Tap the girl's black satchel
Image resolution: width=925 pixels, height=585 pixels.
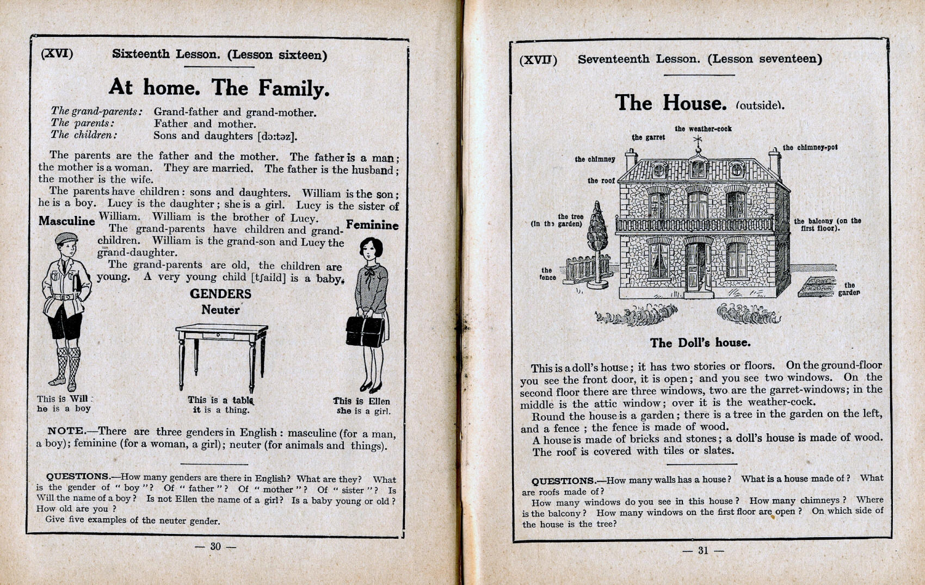(365, 332)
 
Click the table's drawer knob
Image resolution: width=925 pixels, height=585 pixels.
(218, 335)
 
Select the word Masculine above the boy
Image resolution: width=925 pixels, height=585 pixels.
(66, 221)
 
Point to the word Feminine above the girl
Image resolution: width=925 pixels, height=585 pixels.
(372, 225)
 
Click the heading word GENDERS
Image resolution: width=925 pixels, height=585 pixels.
(220, 294)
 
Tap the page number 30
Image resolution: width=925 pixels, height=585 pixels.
(215, 546)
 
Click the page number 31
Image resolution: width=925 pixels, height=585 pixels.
(703, 550)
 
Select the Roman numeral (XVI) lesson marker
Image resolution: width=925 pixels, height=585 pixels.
(57, 53)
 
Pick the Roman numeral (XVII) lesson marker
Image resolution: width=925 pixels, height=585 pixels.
(538, 60)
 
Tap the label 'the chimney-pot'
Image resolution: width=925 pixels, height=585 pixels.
(810, 147)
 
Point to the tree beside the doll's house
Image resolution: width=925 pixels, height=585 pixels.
(597, 234)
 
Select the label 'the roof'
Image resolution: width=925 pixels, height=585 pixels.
(601, 181)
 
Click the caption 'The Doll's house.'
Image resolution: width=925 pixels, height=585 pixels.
(700, 343)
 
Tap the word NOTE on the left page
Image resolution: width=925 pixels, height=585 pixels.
(65, 431)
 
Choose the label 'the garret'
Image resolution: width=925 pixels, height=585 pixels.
(648, 138)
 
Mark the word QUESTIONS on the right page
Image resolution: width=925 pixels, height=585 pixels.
(563, 481)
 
